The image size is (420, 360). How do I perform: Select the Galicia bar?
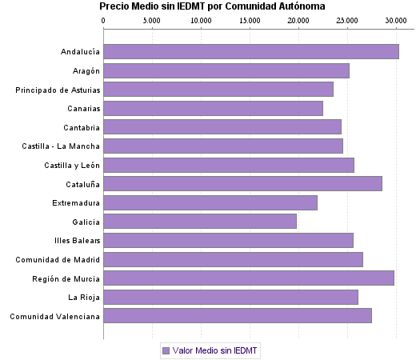pos(200,222)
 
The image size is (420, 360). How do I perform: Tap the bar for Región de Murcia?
pos(249,278)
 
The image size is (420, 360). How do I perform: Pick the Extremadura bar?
pos(210,202)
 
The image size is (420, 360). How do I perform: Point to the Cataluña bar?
pos(243,184)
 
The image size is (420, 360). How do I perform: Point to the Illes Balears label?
pos(76,241)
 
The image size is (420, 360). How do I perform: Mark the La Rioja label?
pos(84,298)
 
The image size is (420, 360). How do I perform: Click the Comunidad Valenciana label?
pos(55,316)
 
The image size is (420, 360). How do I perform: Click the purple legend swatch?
pos(166,350)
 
